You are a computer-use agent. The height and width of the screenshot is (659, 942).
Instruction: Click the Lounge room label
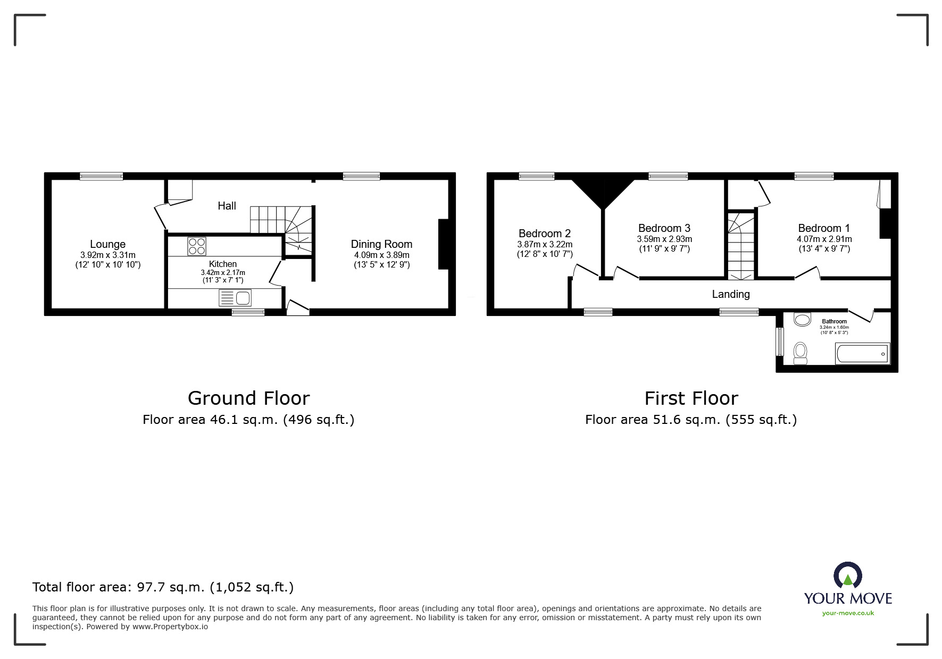click(107, 244)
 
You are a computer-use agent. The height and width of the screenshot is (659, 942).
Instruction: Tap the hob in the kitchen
click(196, 247)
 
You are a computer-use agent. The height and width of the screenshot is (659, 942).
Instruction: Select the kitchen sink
click(235, 298)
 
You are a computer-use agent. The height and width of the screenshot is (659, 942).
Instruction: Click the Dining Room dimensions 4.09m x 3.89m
click(381, 255)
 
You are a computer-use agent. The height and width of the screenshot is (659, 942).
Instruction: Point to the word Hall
click(227, 206)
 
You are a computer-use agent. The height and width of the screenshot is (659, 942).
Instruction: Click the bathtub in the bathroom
click(862, 354)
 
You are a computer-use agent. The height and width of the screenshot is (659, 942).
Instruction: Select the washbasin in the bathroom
click(802, 320)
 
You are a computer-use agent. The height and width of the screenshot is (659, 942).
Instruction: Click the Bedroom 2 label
click(545, 233)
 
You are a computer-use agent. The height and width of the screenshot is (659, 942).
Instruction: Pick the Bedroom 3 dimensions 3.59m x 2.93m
click(664, 239)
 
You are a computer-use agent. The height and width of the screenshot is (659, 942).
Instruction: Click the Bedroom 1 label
click(824, 228)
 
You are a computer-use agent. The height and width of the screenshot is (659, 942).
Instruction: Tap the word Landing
click(731, 294)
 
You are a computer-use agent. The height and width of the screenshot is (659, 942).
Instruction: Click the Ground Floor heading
click(248, 398)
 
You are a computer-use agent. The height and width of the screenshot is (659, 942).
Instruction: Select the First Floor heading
click(691, 398)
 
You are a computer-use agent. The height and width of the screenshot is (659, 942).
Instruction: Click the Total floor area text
click(163, 587)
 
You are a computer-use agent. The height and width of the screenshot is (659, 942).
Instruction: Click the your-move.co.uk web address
click(848, 613)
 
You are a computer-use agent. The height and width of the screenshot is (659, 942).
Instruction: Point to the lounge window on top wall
click(102, 176)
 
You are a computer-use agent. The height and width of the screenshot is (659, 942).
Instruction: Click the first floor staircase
click(741, 246)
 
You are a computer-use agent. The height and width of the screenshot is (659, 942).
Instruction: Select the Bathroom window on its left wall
click(780, 341)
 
